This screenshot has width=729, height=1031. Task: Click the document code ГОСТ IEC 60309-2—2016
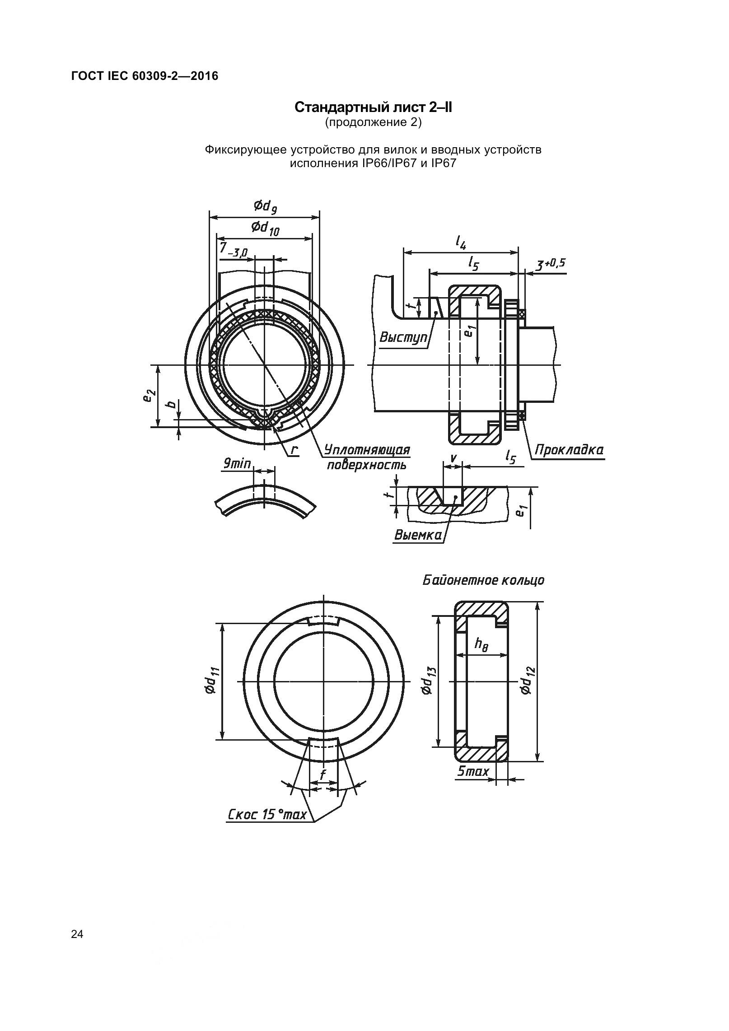tap(145, 76)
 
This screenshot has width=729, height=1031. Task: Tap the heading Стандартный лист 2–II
tap(373, 107)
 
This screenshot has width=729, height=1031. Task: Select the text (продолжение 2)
tap(373, 122)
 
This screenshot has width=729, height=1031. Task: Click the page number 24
tap(77, 934)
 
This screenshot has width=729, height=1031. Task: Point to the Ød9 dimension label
tap(265, 207)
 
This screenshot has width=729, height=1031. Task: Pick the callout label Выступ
tap(403, 337)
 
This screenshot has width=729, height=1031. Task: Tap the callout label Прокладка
tap(569, 450)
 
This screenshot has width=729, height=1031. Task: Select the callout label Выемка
tap(418, 535)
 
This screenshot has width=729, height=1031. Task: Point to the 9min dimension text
tap(237, 463)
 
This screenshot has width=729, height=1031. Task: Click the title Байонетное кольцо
tap(483, 580)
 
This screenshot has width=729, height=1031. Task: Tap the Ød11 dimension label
tap(211, 681)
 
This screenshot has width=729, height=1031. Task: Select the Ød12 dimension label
tap(527, 681)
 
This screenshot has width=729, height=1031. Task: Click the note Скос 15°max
tap(267, 815)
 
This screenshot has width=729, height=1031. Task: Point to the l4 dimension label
tap(460, 244)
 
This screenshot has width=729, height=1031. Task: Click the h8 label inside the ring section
tap(481, 644)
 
